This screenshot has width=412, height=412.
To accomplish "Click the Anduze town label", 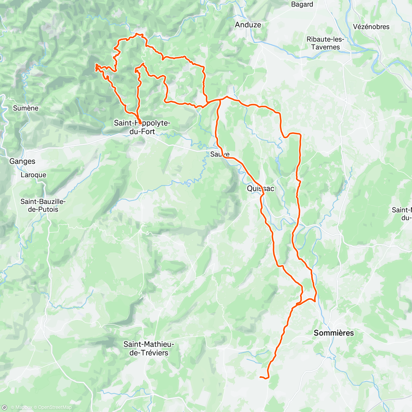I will point(248,25).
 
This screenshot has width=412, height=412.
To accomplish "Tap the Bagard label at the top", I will point(302,4).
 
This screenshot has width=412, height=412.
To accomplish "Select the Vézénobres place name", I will point(371,27).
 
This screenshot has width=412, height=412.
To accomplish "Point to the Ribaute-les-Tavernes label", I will point(325,43).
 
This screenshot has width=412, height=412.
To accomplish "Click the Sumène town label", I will point(26,108).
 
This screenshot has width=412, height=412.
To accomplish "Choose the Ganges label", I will point(22,161).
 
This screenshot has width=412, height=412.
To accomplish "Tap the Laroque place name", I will point(33,175).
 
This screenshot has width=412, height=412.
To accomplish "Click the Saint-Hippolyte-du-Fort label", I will point(142,127).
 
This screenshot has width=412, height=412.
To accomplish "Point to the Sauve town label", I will point(220,154).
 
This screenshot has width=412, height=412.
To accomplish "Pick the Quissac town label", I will point(261,188).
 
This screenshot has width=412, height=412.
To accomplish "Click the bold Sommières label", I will point(334,333).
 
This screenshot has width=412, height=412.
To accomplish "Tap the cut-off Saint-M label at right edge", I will point(402,214).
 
